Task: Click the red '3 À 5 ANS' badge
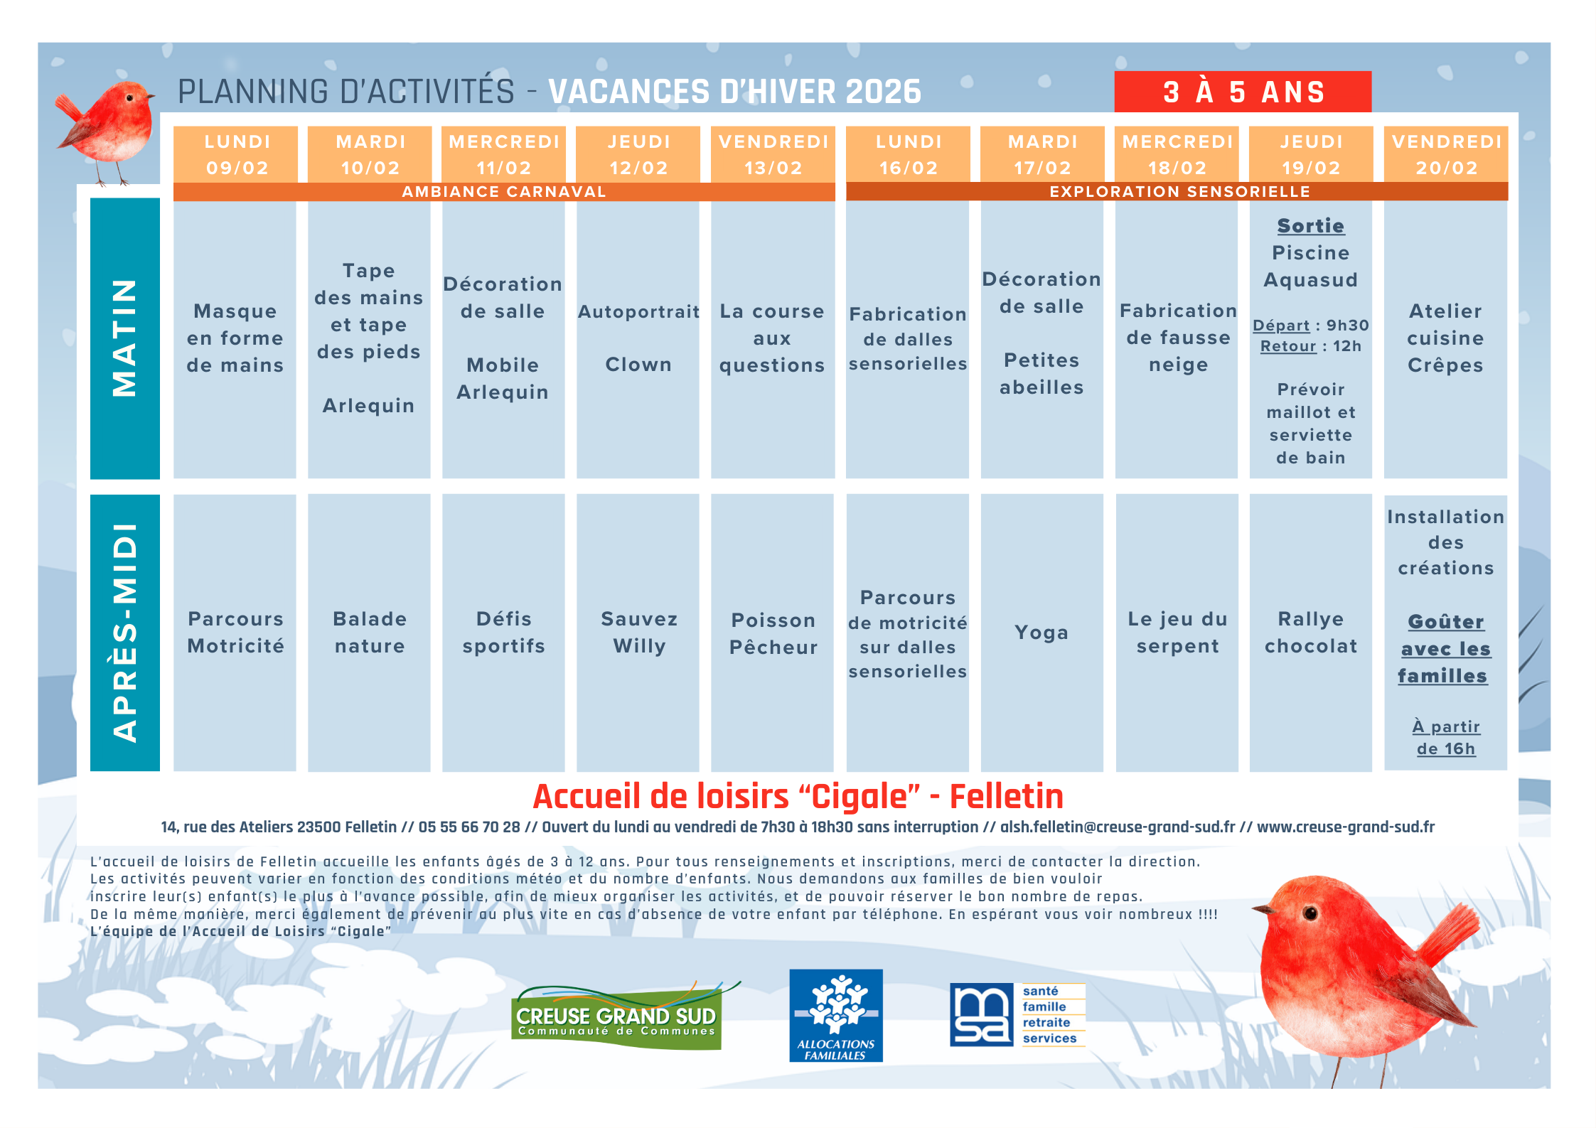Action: (1242, 92)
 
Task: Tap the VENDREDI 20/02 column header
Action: (1446, 154)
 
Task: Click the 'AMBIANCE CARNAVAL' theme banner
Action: (504, 192)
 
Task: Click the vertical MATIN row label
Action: (125, 338)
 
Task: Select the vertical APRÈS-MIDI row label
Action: (125, 633)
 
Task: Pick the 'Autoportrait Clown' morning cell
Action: (638, 339)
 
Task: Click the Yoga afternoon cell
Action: (1041, 633)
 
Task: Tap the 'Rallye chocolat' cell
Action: (1310, 633)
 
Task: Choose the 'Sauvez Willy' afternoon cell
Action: (638, 633)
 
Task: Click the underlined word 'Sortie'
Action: (1310, 226)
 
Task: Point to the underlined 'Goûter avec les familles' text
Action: (1445, 649)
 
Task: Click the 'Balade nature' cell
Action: (369, 633)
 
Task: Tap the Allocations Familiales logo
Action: (836, 1016)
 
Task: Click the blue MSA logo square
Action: (982, 1015)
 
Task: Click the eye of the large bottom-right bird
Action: (1310, 913)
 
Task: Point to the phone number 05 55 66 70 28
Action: (469, 827)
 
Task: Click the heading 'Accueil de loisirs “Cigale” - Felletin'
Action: (798, 797)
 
